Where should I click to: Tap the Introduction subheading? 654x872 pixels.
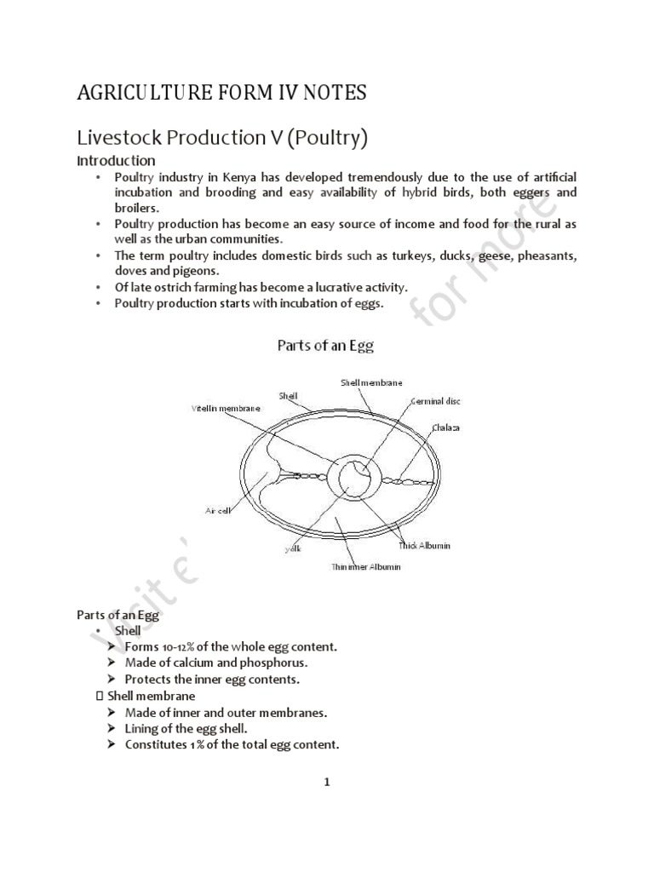tap(116, 160)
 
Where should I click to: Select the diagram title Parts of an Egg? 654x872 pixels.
tap(325, 346)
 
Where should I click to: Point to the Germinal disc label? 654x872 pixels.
tap(435, 400)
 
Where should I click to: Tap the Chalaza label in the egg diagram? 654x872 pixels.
tap(445, 427)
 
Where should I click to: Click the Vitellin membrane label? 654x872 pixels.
tap(226, 410)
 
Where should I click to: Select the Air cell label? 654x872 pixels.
tap(219, 511)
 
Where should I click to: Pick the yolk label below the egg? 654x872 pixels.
tap(293, 549)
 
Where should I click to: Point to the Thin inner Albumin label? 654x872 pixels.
tap(366, 566)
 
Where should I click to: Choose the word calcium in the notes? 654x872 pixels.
tap(192, 663)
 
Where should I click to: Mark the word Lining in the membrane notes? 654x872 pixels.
tap(142, 728)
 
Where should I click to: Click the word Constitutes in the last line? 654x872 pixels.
tap(157, 744)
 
